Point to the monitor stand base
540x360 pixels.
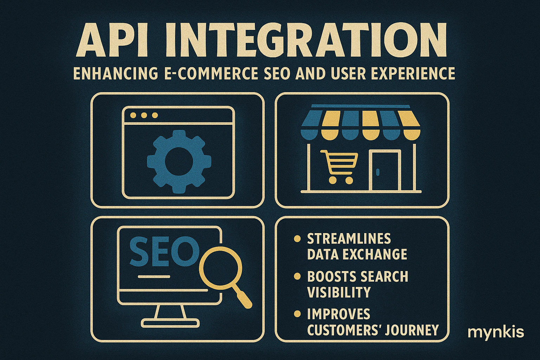point(171,322)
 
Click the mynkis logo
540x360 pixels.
point(496,332)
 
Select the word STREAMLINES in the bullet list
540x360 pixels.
point(349,239)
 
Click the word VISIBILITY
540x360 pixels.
point(339,292)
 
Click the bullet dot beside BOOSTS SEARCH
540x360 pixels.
point(297,276)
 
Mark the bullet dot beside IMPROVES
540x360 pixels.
point(297,314)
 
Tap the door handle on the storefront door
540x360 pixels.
point(378,172)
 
